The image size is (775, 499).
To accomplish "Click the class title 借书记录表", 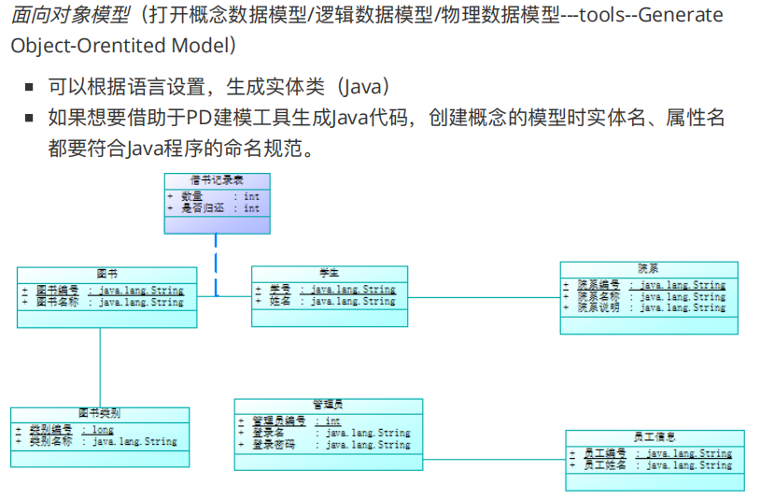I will (x=217, y=179).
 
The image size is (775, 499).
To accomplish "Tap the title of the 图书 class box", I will (x=106, y=274).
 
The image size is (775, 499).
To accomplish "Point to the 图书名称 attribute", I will (x=109, y=302).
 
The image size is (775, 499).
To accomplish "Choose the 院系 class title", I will (x=648, y=268).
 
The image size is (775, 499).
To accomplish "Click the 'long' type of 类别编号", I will (x=102, y=430).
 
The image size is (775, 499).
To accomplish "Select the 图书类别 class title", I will (x=99, y=413).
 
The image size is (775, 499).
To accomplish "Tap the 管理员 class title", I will (x=328, y=405).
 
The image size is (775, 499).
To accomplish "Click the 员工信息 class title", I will (x=654, y=436).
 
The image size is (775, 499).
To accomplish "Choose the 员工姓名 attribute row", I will (x=655, y=464).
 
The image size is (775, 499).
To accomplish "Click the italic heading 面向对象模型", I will (x=70, y=17).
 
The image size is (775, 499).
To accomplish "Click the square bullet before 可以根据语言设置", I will (x=29, y=88).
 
